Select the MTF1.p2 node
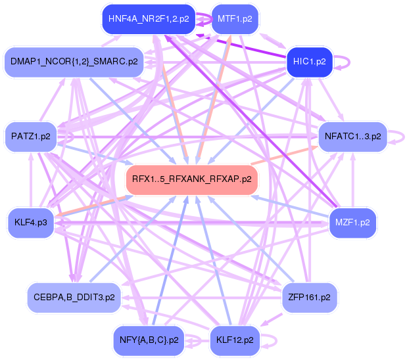(235, 19)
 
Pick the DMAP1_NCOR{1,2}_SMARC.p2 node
(74, 62)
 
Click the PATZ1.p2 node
(30, 137)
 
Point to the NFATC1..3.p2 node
(352, 137)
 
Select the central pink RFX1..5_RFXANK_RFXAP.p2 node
(190, 178)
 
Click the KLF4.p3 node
(30, 222)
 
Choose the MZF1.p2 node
(352, 222)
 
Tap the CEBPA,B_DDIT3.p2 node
(73, 297)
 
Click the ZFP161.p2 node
(309, 297)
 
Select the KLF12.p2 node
(235, 340)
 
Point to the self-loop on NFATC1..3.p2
(398, 137)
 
